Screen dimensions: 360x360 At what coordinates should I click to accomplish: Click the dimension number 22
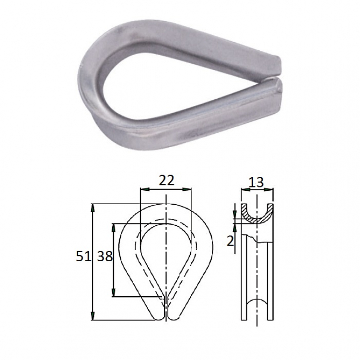[166, 180]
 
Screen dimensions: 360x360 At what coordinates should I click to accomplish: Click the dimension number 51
[83, 256]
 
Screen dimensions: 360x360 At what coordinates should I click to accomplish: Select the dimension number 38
[105, 256]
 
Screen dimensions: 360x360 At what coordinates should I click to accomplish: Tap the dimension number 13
[256, 182]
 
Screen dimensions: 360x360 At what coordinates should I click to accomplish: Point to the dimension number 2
[230, 242]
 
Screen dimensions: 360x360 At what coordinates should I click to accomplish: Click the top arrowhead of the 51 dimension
[93, 208]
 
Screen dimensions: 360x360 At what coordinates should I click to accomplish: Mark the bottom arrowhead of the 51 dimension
[93, 316]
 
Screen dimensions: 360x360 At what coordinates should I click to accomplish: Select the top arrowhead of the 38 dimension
[113, 227]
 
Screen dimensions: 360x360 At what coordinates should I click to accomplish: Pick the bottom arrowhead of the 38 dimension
[113, 293]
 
